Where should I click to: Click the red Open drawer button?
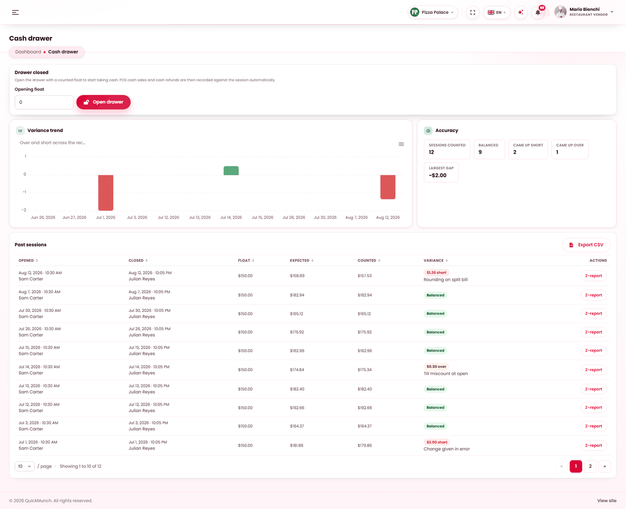(103, 102)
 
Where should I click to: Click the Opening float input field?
(44, 102)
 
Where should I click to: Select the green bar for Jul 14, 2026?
(231, 171)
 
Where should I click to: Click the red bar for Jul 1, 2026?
(106, 192)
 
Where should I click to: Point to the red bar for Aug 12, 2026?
(388, 187)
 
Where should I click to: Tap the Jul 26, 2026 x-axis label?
(293, 217)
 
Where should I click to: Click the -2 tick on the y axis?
(24, 210)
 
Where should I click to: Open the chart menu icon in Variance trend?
(401, 144)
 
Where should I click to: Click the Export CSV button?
(586, 245)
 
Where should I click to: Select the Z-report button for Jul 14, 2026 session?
(593, 370)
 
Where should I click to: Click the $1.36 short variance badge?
(436, 273)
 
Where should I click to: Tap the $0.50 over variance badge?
(436, 367)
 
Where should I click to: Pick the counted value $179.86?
(365, 445)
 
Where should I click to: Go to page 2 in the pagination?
(590, 466)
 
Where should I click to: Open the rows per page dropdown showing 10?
(25, 466)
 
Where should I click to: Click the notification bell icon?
(538, 13)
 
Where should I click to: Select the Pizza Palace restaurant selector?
(433, 13)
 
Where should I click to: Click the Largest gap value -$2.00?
(437, 175)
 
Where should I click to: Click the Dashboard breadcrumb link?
(28, 52)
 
